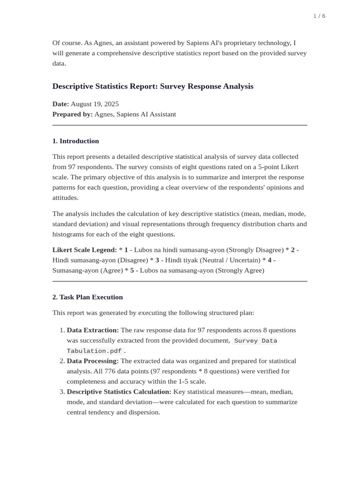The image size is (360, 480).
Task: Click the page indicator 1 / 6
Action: click(x=319, y=16)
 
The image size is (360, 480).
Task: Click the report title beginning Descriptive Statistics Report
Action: click(x=153, y=86)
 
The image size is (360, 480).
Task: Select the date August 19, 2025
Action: click(x=95, y=104)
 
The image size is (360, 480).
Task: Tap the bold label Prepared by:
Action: click(x=72, y=114)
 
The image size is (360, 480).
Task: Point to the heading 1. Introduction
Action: click(x=75, y=141)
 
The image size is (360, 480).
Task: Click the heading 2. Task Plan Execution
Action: click(x=87, y=297)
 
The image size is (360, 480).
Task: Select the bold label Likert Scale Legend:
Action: click(x=84, y=250)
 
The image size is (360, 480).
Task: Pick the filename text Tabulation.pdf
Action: click(x=94, y=351)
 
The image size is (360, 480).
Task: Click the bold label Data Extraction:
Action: click(x=93, y=330)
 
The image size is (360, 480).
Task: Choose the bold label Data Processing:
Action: click(x=93, y=361)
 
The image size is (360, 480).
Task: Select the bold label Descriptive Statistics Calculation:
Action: click(x=119, y=391)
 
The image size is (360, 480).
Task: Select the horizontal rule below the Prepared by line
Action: click(x=180, y=125)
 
